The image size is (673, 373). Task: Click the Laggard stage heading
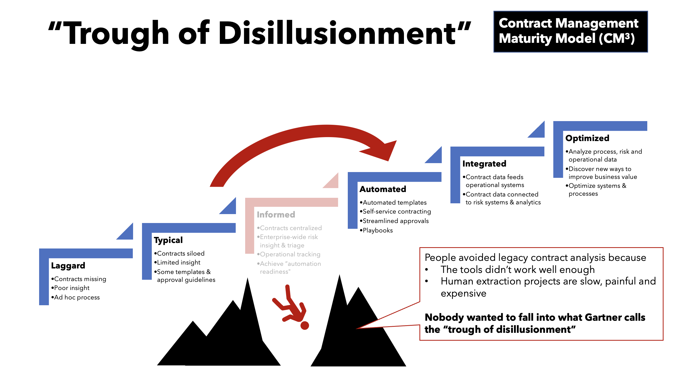(x=68, y=266)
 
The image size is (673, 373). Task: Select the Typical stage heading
(x=168, y=240)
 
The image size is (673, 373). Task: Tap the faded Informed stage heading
(x=276, y=215)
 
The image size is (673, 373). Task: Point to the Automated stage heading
(x=383, y=189)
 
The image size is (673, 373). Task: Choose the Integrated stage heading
(x=484, y=164)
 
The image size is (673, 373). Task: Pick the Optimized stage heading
(x=587, y=138)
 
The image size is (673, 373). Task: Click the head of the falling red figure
(x=304, y=325)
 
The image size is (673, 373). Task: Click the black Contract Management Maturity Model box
(x=570, y=32)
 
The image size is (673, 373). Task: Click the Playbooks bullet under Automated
(x=377, y=230)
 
